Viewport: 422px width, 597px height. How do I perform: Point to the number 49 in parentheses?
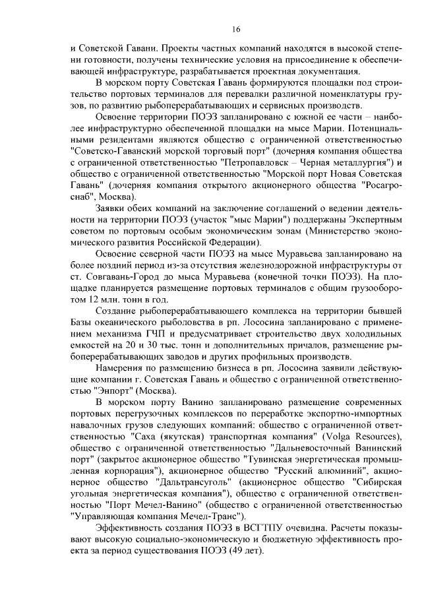[237, 550]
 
